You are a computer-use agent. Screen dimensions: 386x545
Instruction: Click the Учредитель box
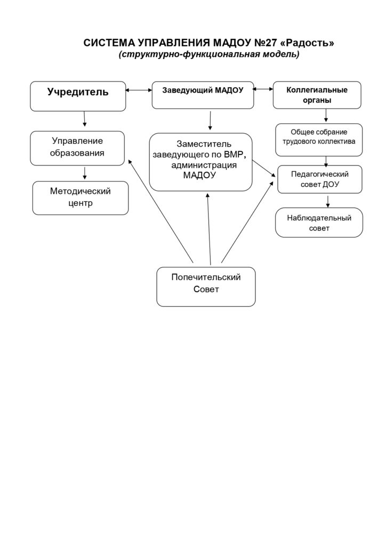click(x=78, y=96)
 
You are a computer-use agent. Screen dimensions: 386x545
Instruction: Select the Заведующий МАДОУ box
click(x=203, y=95)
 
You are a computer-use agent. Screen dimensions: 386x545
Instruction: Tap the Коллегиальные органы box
click(x=317, y=95)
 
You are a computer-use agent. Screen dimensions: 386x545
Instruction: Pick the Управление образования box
click(x=77, y=148)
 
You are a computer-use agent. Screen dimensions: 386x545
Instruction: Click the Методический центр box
click(x=81, y=198)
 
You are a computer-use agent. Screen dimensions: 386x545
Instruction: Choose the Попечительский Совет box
click(x=206, y=287)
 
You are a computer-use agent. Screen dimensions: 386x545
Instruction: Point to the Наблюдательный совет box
click(x=319, y=223)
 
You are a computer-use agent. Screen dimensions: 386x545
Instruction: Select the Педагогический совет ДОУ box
click(x=319, y=179)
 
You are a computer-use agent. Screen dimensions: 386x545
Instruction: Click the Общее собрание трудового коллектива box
click(x=319, y=140)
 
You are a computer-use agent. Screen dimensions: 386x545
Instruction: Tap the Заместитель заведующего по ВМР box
click(x=201, y=162)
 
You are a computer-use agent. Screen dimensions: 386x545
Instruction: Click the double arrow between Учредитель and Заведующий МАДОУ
click(x=139, y=90)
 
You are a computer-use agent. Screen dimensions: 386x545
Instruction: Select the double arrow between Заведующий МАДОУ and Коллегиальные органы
click(x=263, y=89)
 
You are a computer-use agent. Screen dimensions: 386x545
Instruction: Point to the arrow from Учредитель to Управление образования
click(x=84, y=119)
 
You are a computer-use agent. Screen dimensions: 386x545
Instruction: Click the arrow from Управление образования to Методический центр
click(x=85, y=173)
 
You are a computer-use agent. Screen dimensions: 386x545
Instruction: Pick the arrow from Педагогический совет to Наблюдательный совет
click(x=327, y=202)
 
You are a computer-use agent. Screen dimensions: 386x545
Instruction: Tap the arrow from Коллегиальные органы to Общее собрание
click(x=326, y=115)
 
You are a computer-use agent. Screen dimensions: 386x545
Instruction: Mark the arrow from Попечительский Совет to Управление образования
click(x=160, y=211)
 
